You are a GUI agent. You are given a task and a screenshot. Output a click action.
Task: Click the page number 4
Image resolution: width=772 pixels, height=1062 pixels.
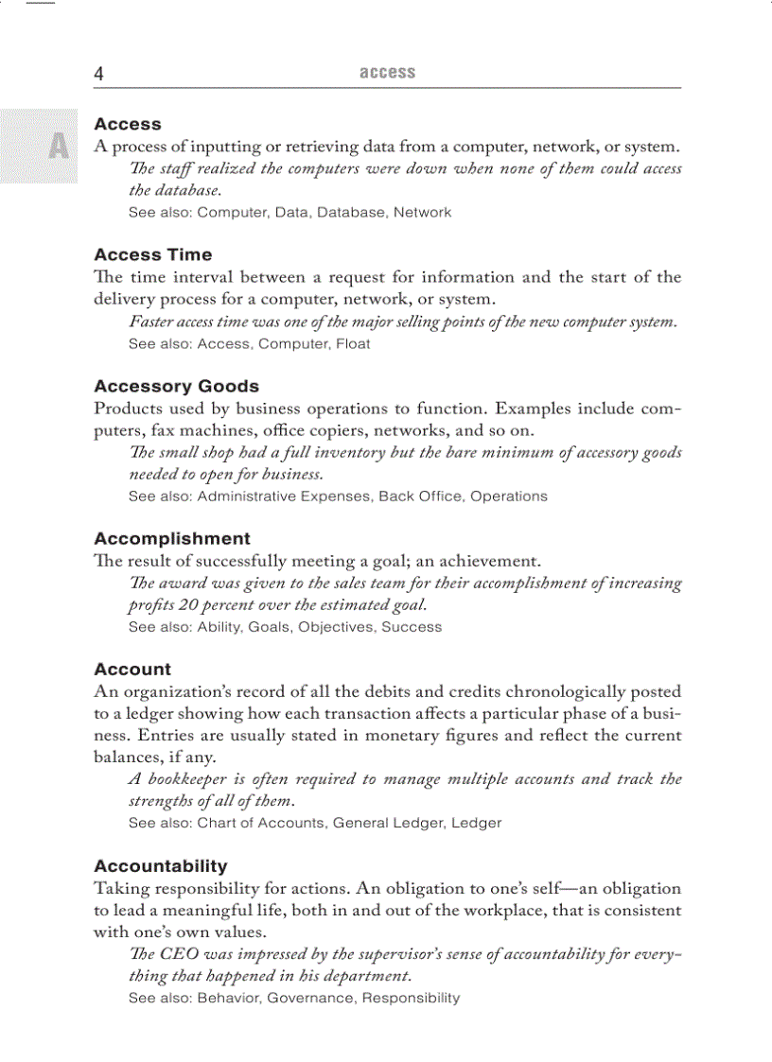(98, 74)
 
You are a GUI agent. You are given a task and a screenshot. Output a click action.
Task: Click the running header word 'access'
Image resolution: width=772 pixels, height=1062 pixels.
(387, 73)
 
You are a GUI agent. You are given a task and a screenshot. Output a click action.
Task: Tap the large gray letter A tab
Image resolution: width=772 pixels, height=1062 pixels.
(59, 147)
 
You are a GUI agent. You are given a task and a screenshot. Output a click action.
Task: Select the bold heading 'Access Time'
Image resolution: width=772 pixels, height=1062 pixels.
(153, 254)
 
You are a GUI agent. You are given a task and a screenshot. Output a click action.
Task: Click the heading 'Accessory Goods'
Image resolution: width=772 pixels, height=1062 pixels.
(176, 386)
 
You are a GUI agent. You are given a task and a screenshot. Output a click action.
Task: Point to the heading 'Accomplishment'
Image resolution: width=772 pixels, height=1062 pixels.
(172, 538)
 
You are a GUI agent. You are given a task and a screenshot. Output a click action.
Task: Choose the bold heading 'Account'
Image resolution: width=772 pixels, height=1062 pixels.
(132, 669)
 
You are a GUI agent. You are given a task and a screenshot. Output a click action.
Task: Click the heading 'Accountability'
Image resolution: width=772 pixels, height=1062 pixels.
(161, 865)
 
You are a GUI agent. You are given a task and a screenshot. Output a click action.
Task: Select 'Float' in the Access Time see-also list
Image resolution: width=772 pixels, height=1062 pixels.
(353, 344)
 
